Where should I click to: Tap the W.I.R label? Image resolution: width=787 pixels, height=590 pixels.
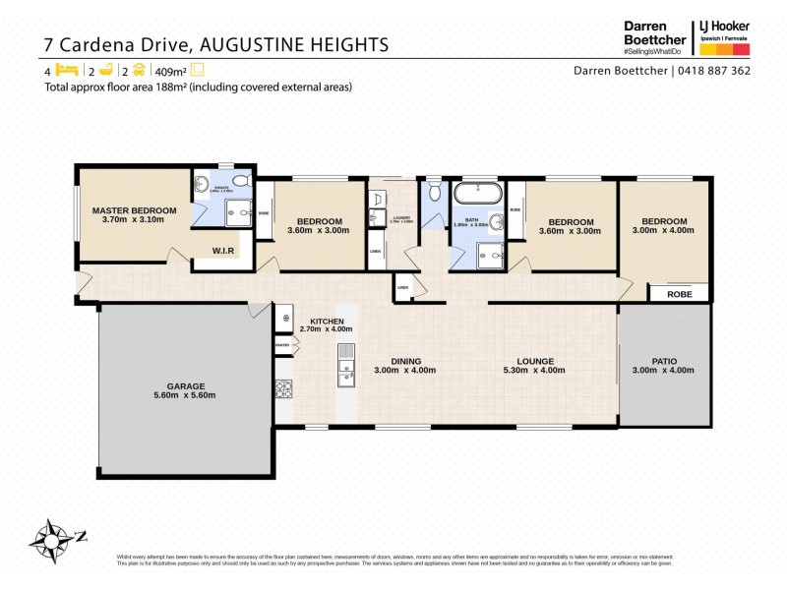click(223, 251)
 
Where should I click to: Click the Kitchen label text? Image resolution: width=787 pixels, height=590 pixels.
click(327, 322)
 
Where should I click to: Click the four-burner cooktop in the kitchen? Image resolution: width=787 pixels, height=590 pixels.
click(284, 389)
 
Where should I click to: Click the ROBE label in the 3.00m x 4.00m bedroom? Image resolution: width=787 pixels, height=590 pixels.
click(680, 293)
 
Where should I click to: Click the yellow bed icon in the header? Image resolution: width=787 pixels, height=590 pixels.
click(67, 70)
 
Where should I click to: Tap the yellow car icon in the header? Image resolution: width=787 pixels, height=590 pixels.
click(140, 70)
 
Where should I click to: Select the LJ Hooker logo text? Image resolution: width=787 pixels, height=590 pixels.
click(724, 27)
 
